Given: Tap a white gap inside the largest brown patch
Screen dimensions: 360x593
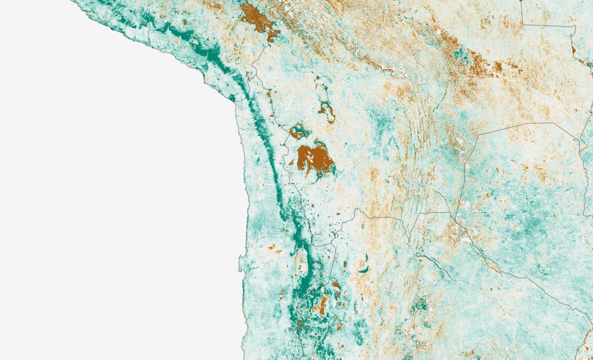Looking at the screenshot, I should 311,160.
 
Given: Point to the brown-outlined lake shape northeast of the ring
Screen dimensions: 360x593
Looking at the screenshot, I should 327,111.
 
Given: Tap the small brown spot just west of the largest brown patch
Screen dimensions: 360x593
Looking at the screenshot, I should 291,162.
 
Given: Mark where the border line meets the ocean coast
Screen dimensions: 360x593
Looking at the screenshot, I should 236,101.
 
